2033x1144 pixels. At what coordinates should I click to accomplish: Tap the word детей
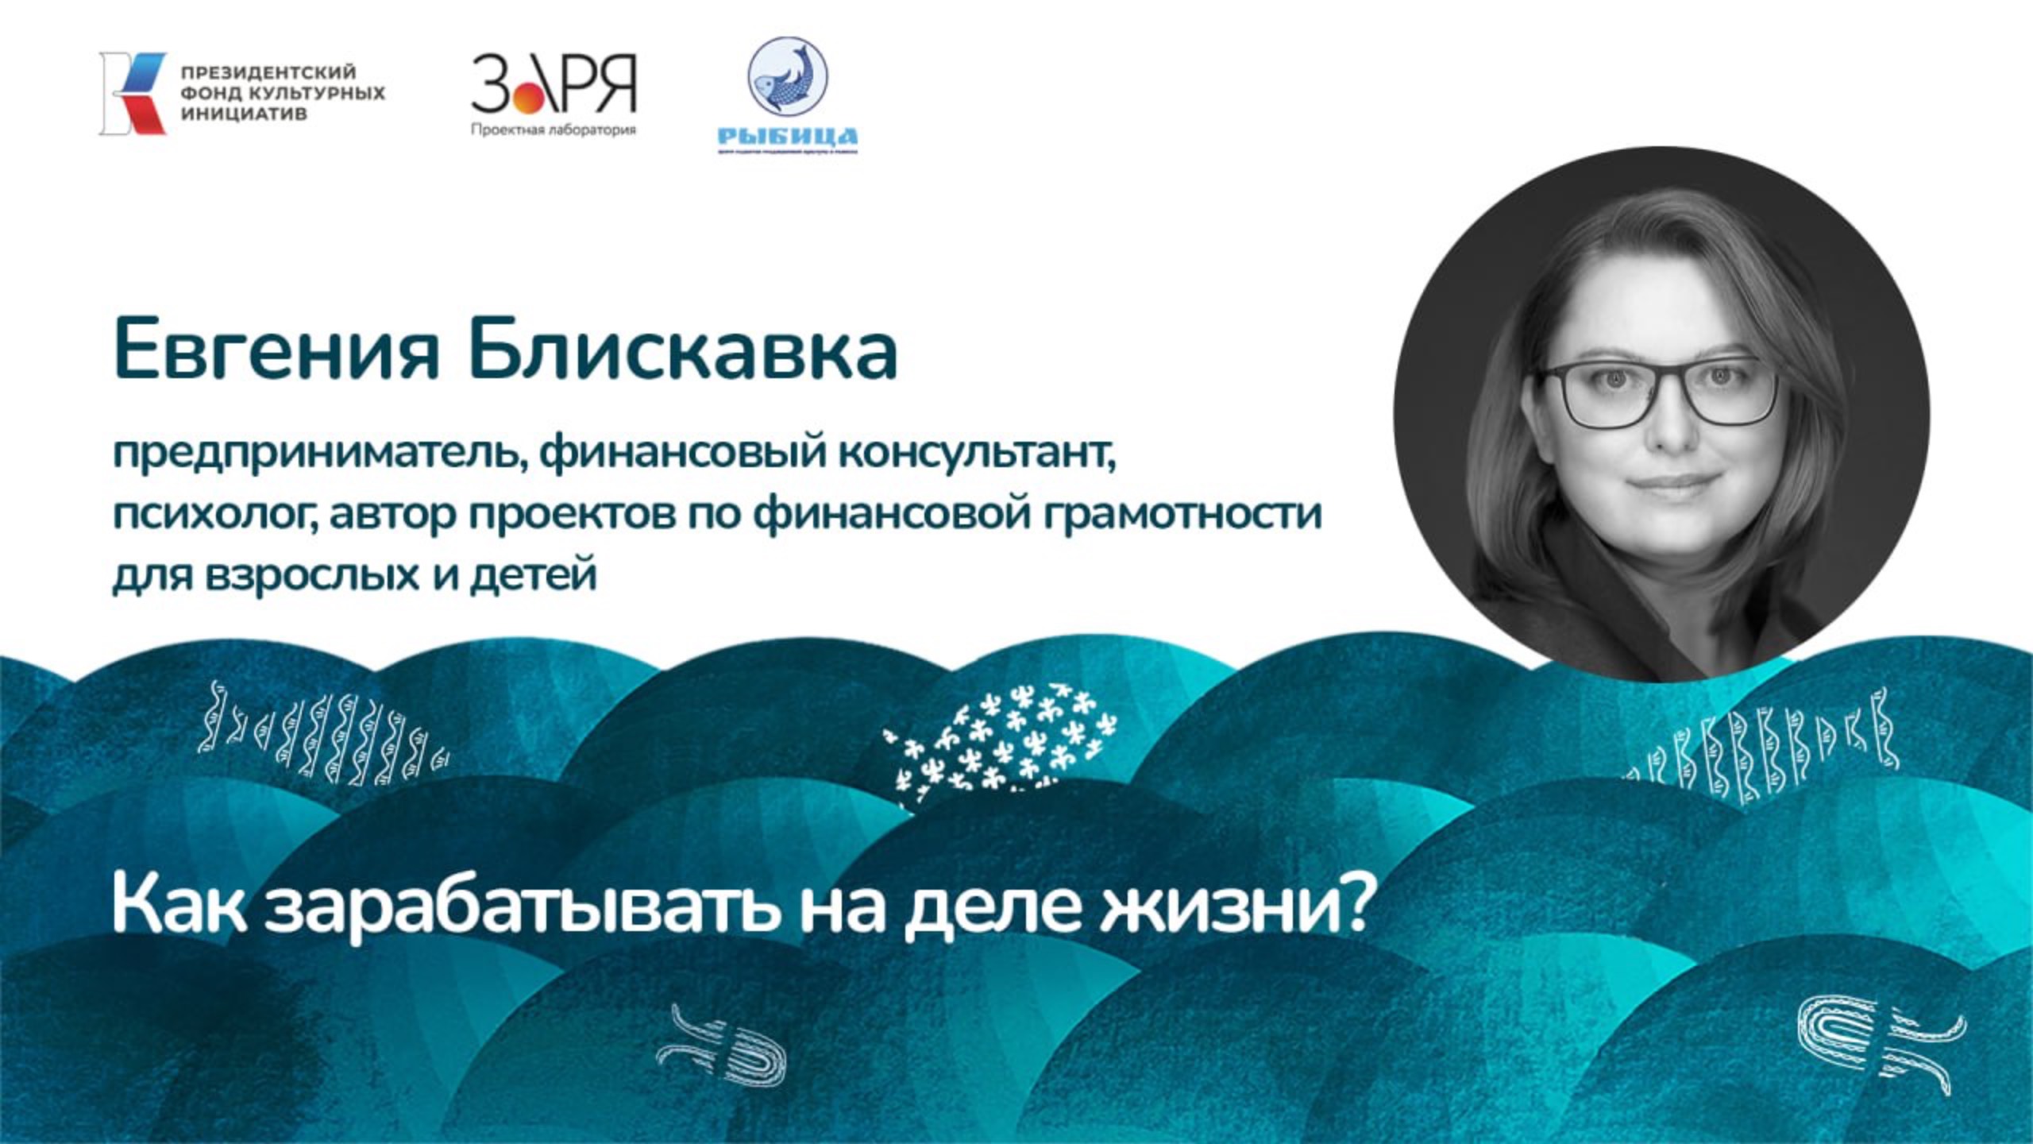(532, 574)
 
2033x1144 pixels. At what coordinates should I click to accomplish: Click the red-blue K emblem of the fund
(133, 93)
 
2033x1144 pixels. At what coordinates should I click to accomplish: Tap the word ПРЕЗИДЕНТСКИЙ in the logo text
(268, 74)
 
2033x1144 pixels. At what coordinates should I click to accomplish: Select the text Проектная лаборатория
(554, 130)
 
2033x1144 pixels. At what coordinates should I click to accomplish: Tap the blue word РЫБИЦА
(787, 137)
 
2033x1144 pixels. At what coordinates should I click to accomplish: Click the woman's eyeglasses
(1660, 392)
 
